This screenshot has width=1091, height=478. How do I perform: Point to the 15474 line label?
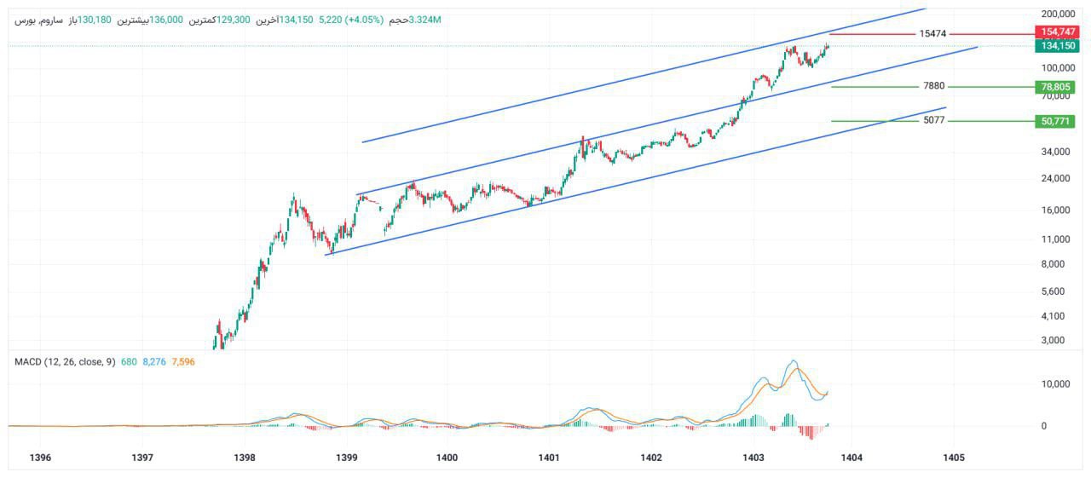(x=932, y=33)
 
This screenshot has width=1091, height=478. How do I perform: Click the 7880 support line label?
(x=934, y=86)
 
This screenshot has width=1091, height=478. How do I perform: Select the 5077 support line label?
(x=934, y=121)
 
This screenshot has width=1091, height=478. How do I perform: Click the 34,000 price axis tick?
(x=1056, y=152)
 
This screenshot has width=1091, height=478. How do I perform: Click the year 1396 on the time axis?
(x=40, y=458)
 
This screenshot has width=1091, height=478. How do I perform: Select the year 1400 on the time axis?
(x=447, y=458)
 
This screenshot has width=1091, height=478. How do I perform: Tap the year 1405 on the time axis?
(x=954, y=458)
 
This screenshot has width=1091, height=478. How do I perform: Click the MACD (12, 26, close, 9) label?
(x=65, y=362)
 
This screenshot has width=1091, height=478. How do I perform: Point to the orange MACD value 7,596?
(x=183, y=362)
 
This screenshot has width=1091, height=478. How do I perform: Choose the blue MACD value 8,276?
(x=154, y=362)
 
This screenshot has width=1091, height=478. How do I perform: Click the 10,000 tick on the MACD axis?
(x=1056, y=384)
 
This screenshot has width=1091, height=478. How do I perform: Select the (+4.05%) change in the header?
(x=362, y=20)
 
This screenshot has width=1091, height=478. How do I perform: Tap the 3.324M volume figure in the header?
(x=425, y=20)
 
